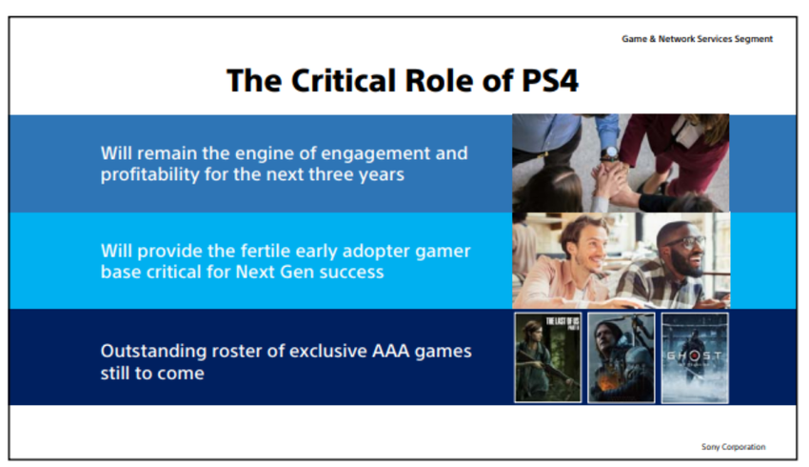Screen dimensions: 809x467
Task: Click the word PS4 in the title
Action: [x=550, y=81]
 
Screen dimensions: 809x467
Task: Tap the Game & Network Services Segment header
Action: [x=697, y=39]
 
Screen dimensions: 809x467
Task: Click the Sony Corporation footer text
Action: [x=733, y=447]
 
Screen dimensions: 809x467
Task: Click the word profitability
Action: [x=149, y=174]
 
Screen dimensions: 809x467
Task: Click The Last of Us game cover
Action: [x=548, y=357]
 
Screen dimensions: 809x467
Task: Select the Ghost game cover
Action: [x=695, y=357]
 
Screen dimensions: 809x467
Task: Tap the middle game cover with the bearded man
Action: [x=622, y=357]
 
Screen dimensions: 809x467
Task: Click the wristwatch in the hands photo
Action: [x=610, y=152]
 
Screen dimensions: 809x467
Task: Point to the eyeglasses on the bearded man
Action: [x=685, y=242]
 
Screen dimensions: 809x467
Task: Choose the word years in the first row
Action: [x=382, y=175]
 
